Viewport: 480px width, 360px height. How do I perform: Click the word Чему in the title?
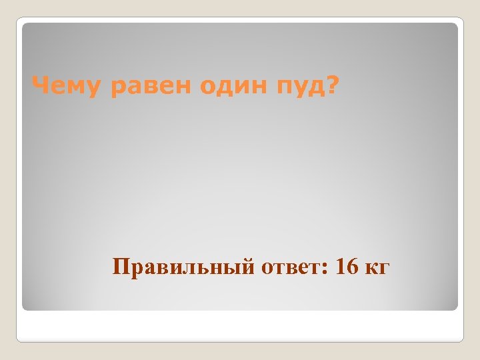(66, 86)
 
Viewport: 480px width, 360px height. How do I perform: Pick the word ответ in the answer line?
(291, 267)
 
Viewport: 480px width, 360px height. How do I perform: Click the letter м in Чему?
(76, 87)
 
